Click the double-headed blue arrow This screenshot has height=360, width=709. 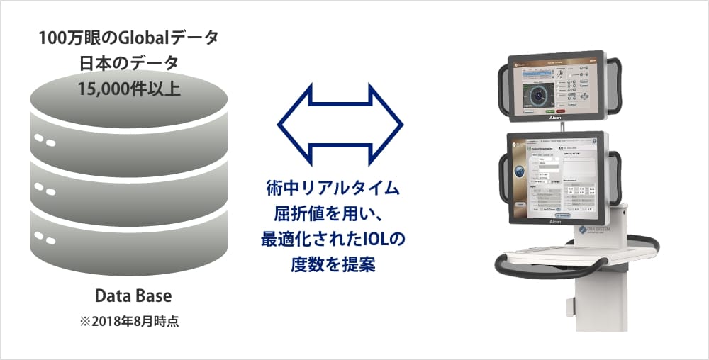(x=340, y=125)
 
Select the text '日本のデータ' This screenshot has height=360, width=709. (x=129, y=62)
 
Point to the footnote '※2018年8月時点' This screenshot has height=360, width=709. (x=129, y=321)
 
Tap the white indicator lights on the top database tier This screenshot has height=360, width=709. (x=44, y=141)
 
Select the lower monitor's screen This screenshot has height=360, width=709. (x=557, y=176)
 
